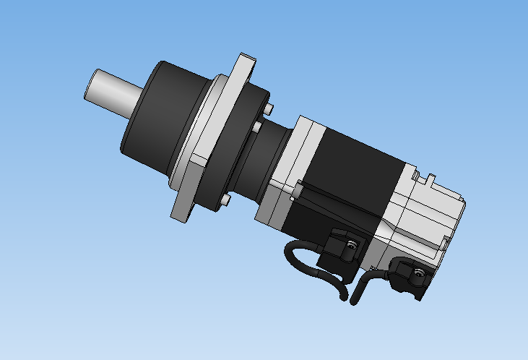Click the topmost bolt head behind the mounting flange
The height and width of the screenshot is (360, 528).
tap(269, 108)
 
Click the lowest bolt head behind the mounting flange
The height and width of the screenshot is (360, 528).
tap(225, 199)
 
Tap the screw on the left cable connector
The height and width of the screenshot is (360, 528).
tap(351, 246)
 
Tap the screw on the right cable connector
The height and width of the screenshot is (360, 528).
tap(418, 273)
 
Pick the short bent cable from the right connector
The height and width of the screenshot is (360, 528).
tap(361, 286)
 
